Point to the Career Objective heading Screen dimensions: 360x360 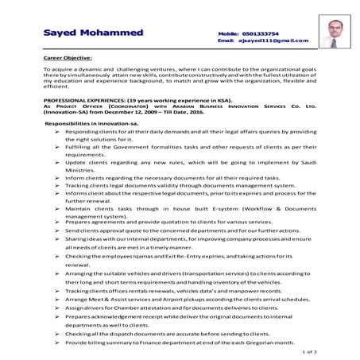(x=68, y=58)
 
